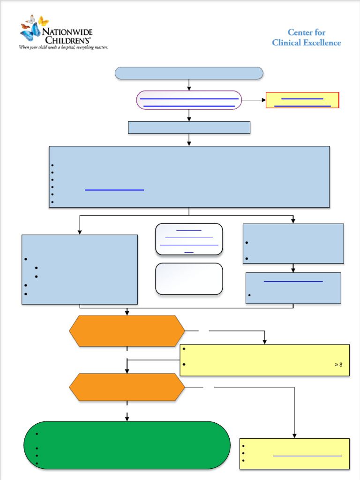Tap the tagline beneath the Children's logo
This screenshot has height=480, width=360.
click(63, 47)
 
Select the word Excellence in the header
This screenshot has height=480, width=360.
click(321, 43)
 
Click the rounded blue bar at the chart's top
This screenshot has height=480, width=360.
click(189, 73)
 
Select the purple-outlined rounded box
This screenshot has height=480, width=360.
click(189, 100)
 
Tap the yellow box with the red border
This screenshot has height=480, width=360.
click(302, 100)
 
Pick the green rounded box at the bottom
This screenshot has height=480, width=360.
click(127, 445)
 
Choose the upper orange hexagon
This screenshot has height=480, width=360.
click(127, 331)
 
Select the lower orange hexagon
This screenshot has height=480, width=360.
click(127, 387)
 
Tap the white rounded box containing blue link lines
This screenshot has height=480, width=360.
click(189, 239)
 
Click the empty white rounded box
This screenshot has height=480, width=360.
click(189, 279)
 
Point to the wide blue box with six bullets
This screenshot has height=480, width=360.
click(189, 176)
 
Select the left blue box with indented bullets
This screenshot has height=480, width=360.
click(80, 270)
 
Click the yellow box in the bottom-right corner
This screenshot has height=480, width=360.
click(294, 453)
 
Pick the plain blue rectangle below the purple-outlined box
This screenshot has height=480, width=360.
click(189, 127)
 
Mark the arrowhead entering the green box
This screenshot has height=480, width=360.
click(127, 418)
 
